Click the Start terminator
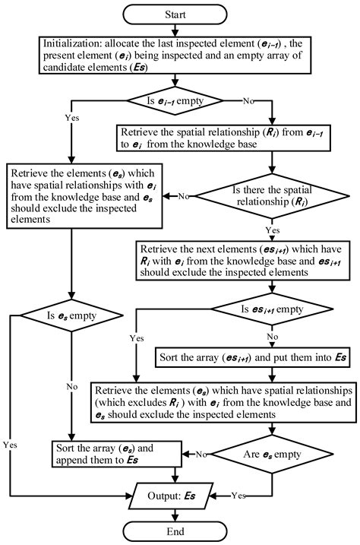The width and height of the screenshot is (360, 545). pyautogui.click(x=175, y=14)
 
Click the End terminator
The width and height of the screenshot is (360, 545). pyautogui.click(x=175, y=531)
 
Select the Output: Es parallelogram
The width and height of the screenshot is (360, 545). pyautogui.click(x=171, y=496)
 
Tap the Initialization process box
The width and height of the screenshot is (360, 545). pyautogui.click(x=175, y=55)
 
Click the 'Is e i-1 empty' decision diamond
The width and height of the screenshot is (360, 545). pyautogui.click(x=175, y=101)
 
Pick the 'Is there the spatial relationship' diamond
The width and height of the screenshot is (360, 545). pyautogui.click(x=272, y=196)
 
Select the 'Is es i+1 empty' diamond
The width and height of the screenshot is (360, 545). pyautogui.click(x=272, y=309)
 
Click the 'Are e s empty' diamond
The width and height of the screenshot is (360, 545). pyautogui.click(x=272, y=454)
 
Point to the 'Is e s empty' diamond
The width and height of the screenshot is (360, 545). pyautogui.click(x=71, y=315)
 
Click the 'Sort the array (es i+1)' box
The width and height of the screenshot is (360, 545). pyautogui.click(x=252, y=357)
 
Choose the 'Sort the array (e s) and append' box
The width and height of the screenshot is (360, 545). pyautogui.click(x=117, y=454)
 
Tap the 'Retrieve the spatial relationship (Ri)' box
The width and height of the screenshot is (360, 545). pyautogui.click(x=223, y=138)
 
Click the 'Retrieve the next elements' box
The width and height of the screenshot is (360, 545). pyautogui.click(x=243, y=261)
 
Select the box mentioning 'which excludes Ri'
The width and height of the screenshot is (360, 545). pyautogui.click(x=223, y=403)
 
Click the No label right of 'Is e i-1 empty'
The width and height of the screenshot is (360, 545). pyautogui.click(x=248, y=101)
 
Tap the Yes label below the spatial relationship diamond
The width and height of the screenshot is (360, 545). pyautogui.click(x=273, y=230)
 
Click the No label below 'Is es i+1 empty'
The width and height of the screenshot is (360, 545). pyautogui.click(x=273, y=337)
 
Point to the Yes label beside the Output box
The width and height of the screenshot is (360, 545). pyautogui.click(x=238, y=496)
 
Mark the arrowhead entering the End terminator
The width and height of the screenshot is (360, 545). pyautogui.click(x=175, y=518)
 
